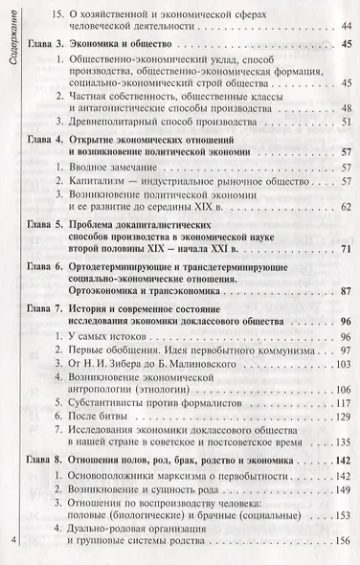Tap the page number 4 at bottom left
11,543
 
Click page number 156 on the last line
334,542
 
